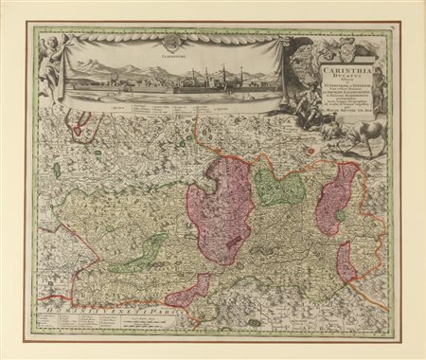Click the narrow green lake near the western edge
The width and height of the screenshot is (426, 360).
[x=57, y=171]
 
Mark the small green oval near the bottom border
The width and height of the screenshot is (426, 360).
[x=254, y=322]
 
